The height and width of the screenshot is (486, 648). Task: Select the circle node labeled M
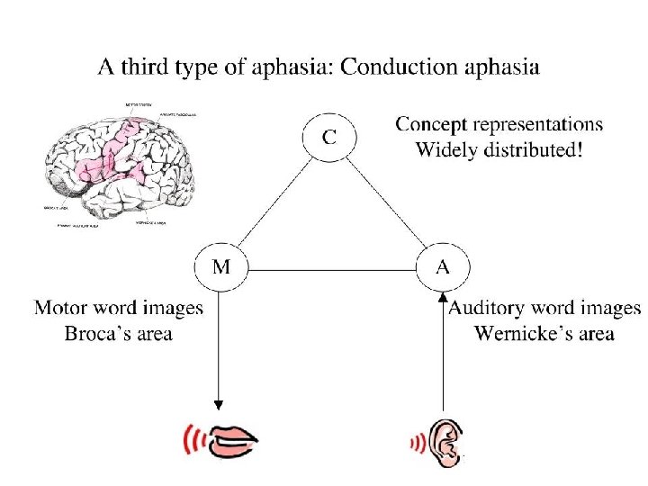[x=220, y=268]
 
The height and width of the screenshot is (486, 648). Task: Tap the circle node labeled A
[x=443, y=268]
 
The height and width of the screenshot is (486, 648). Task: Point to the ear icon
[x=444, y=440]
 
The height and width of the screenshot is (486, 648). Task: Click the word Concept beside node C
[x=436, y=125]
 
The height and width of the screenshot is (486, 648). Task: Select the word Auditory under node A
[x=491, y=309]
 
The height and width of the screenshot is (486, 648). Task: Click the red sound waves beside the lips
[x=191, y=440]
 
